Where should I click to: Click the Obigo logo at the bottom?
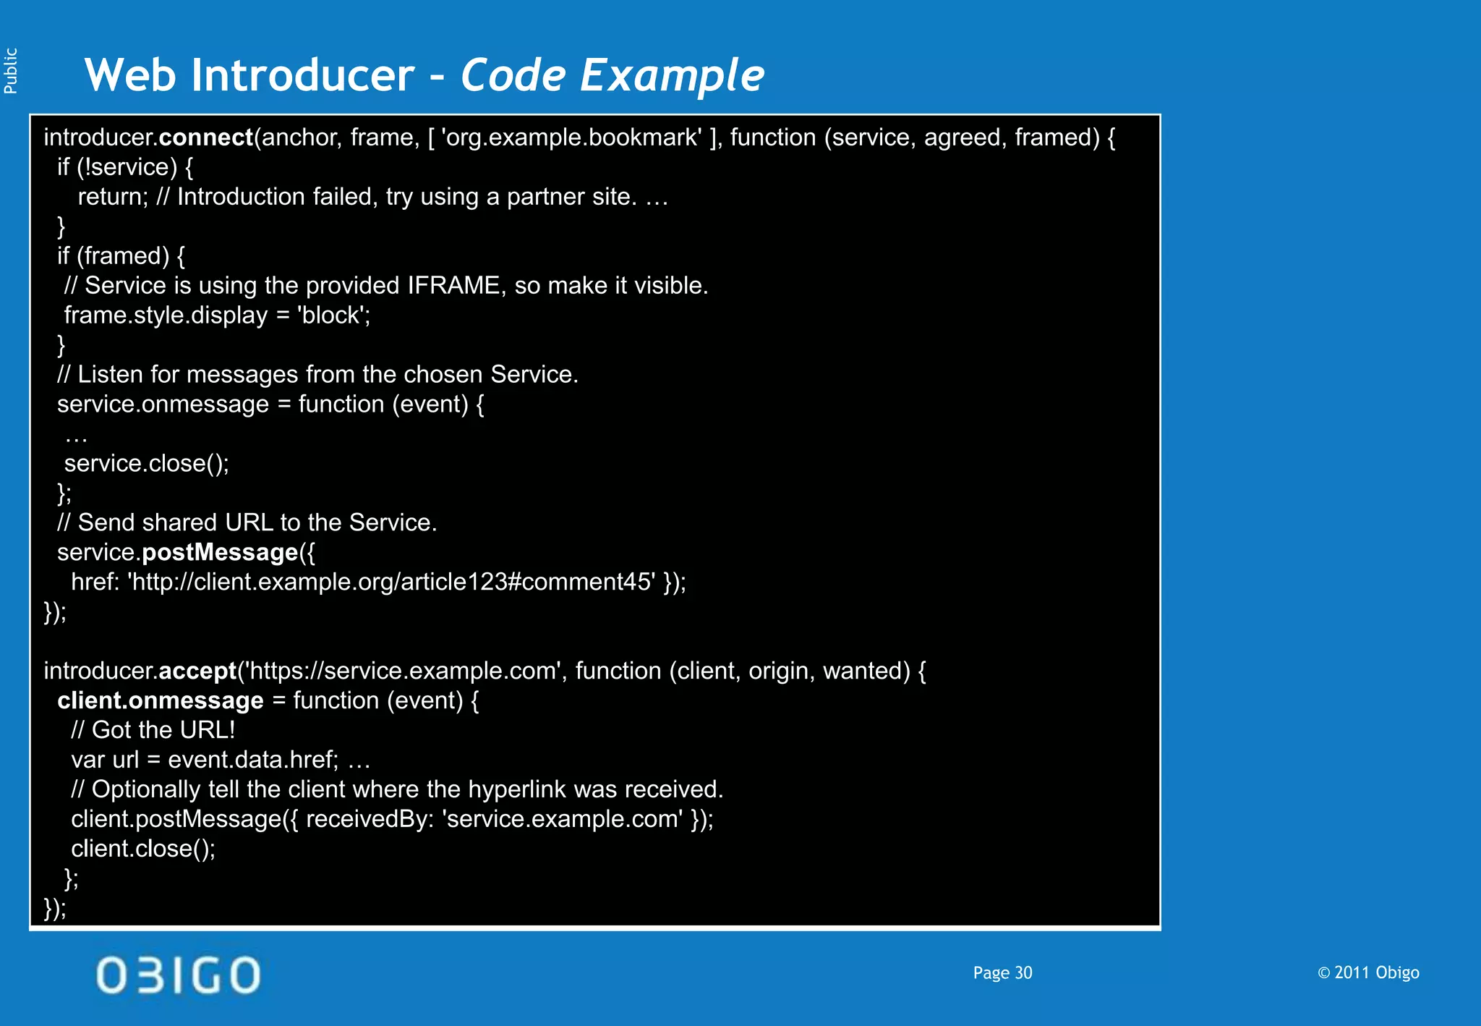(x=178, y=975)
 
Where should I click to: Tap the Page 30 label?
(x=1002, y=973)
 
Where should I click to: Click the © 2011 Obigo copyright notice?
(x=1368, y=973)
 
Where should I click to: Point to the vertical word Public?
(x=11, y=71)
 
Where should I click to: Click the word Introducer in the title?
(x=302, y=75)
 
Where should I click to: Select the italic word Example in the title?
(x=672, y=76)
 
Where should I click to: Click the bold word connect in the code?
(x=205, y=137)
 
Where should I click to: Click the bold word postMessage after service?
(x=220, y=553)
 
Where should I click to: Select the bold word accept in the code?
(x=197, y=671)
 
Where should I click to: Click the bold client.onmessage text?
(x=161, y=701)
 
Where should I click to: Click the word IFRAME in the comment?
(x=453, y=286)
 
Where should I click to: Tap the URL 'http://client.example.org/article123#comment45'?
(x=392, y=582)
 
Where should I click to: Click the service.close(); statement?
(x=147, y=464)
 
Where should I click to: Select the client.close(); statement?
(x=143, y=849)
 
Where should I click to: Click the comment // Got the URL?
(x=153, y=730)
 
